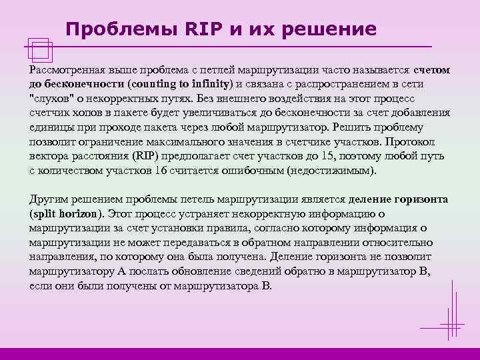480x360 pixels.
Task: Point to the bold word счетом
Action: (x=431, y=69)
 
